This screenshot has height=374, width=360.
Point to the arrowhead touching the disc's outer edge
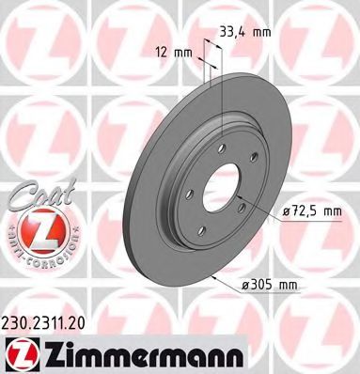[x=218, y=278]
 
